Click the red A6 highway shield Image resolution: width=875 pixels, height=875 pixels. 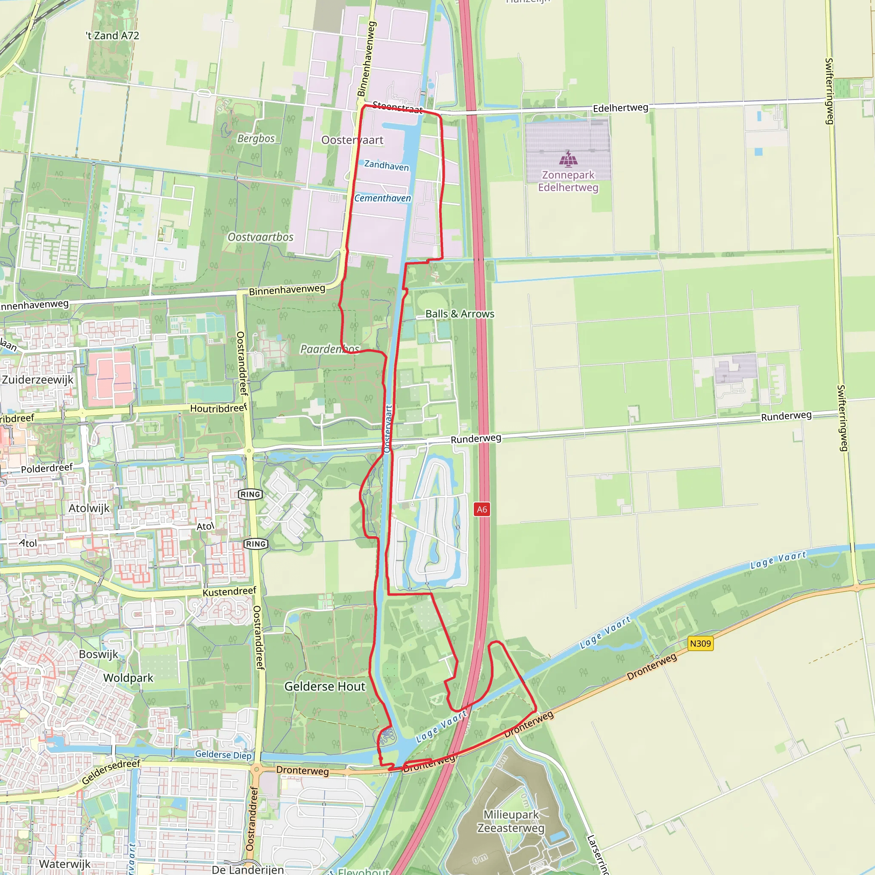[482, 510]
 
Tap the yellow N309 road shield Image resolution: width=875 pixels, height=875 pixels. [700, 643]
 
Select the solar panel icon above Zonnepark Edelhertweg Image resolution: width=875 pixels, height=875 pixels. [568, 159]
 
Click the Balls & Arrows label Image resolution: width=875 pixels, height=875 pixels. [460, 314]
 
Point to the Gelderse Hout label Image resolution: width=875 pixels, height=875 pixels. [324, 687]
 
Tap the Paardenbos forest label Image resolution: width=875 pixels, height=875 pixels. [330, 349]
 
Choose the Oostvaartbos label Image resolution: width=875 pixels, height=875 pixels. [261, 237]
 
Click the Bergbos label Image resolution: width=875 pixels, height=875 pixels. [256, 138]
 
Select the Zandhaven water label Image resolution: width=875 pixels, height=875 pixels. [386, 166]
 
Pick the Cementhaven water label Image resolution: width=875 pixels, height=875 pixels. [383, 198]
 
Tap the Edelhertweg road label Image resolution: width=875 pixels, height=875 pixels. [620, 108]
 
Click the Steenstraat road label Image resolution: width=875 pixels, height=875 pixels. [397, 108]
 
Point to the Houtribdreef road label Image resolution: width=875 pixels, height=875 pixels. [218, 408]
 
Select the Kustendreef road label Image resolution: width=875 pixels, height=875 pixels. [229, 592]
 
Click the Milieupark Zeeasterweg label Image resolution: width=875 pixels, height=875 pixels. [511, 821]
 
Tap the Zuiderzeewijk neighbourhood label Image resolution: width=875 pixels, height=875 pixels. [38, 379]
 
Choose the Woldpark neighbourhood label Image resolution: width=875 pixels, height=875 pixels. [128, 678]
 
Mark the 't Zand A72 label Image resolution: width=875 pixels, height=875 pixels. [112, 35]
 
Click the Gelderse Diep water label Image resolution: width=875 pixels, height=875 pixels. [223, 755]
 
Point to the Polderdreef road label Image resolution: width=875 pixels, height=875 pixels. [47, 468]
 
